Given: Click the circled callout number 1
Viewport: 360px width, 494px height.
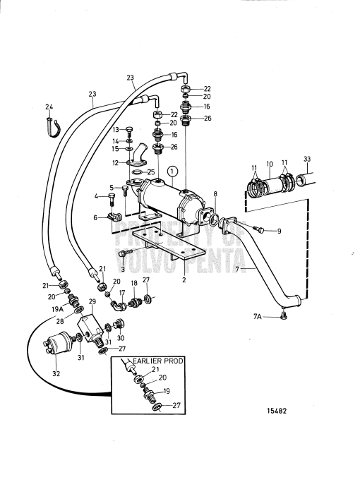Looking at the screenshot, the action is (x=173, y=171).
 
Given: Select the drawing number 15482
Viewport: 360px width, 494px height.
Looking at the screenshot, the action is (x=277, y=411).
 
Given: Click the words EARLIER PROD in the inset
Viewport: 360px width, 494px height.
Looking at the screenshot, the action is (x=158, y=361).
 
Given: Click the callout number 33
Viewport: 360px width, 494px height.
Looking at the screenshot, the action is (x=307, y=159).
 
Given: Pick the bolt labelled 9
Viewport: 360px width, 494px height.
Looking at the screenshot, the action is (x=259, y=230).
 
